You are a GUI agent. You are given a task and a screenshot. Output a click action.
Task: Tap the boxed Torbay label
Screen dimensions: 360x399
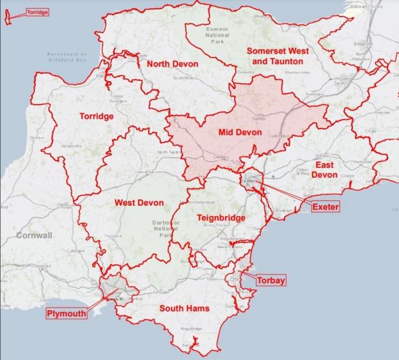270,280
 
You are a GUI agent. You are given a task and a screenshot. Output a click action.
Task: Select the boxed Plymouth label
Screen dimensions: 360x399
66,313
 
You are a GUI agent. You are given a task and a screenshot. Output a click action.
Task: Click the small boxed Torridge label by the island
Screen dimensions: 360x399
37,12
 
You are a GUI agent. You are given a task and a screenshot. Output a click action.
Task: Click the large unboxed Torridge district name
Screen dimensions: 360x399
97,116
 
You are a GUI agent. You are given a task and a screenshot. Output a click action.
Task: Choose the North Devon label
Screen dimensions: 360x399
172,65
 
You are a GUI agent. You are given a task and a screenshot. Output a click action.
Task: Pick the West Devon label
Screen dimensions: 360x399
139,203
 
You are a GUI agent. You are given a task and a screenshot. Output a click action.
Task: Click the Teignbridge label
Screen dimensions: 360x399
221,218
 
